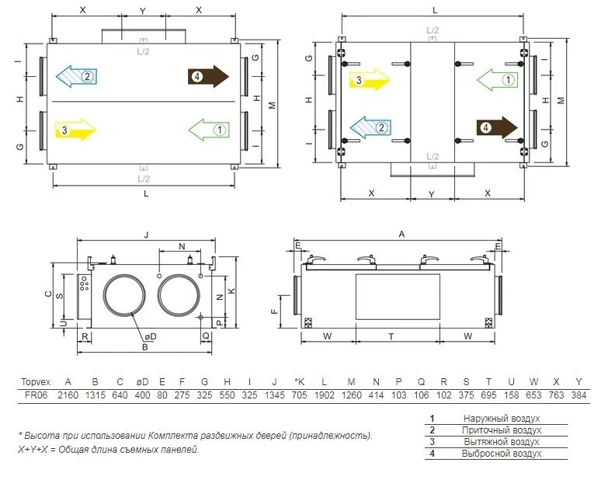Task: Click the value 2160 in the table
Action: click(x=68, y=395)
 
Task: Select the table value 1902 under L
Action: click(x=324, y=395)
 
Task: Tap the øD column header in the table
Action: click(x=142, y=382)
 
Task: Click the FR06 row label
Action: click(x=36, y=395)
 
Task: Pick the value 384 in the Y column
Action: click(x=579, y=395)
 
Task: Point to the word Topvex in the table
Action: click(x=36, y=382)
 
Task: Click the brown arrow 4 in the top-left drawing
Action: click(x=208, y=76)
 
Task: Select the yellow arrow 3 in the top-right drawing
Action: click(x=370, y=80)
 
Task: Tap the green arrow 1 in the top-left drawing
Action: click(x=209, y=130)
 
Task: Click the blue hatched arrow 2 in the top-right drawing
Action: click(x=370, y=127)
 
